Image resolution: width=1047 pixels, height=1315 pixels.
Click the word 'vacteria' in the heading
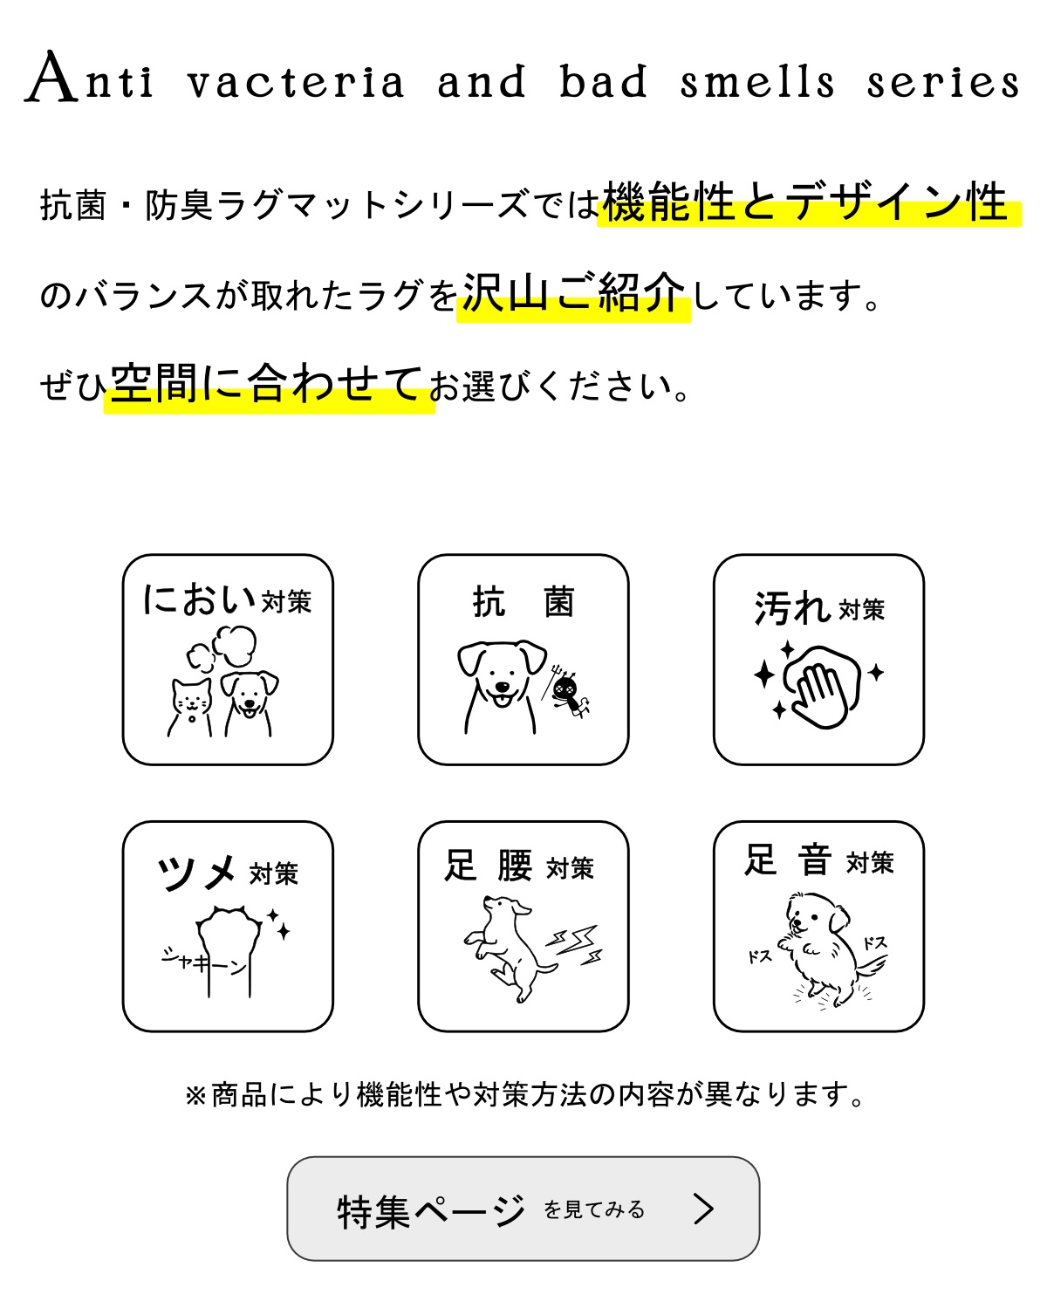pyautogui.click(x=297, y=83)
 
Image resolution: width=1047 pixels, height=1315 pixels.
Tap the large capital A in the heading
pyautogui.click(x=51, y=78)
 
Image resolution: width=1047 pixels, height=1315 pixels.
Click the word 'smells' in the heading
pyautogui.click(x=757, y=83)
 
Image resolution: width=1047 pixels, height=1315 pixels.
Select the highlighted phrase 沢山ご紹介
pyautogui.click(x=573, y=294)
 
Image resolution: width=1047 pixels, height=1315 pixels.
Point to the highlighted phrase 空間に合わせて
pyautogui.click(x=268, y=384)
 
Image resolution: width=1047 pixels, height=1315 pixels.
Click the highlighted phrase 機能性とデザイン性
pyautogui.click(x=806, y=202)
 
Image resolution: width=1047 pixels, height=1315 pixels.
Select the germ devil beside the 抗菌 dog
pyautogui.click(x=569, y=693)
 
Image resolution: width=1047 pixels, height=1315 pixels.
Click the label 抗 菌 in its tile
pyautogui.click(x=523, y=602)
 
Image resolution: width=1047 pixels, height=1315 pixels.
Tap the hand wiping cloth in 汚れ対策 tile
pyautogui.click(x=820, y=686)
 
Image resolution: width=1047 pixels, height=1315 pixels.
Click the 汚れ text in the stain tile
pyautogui.click(x=790, y=608)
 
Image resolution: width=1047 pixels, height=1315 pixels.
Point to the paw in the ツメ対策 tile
pyautogui.click(x=229, y=947)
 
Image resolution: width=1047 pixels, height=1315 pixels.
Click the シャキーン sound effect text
pyautogui.click(x=202, y=962)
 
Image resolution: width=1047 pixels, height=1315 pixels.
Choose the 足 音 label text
pyautogui.click(x=788, y=860)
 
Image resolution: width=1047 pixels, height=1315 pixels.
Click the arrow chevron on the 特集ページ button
pyautogui.click(x=703, y=1209)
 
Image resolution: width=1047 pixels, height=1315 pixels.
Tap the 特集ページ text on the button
pyautogui.click(x=431, y=1211)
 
